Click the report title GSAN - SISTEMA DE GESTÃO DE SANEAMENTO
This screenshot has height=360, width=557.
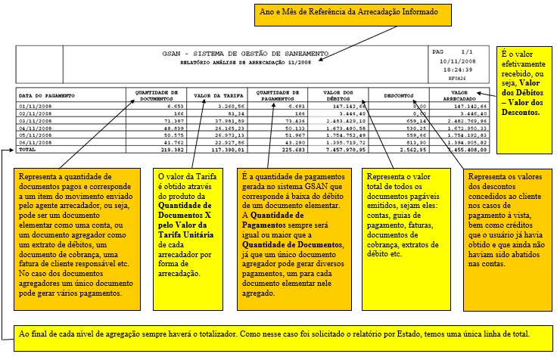(245, 55)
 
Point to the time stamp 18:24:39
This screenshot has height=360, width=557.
(459, 68)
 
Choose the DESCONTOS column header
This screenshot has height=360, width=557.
(398, 96)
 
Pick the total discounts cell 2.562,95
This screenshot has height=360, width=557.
(406, 150)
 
